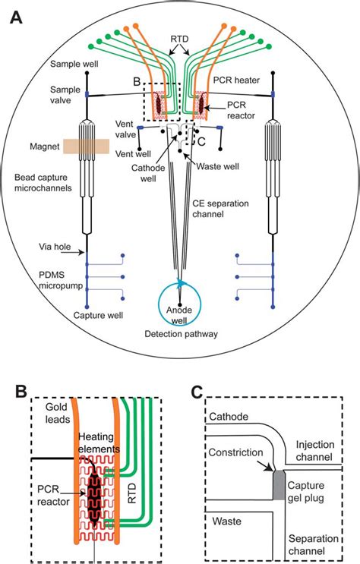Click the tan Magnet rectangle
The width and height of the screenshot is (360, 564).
coord(87,147)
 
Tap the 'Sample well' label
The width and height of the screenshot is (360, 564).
coord(74,64)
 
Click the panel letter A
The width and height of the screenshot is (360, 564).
coord(16,17)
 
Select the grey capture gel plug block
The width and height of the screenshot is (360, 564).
coord(279,485)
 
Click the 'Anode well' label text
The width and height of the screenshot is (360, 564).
coord(179,315)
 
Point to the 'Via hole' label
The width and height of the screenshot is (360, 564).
coord(55,247)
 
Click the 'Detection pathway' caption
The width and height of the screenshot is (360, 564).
coord(181,334)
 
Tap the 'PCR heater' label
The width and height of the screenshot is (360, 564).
coord(236,80)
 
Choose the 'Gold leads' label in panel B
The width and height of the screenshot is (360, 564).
coord(57,413)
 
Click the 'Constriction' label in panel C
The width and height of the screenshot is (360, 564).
coord(235,452)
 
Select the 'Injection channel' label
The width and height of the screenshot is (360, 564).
coord(314,451)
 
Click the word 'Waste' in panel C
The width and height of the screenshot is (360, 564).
coord(227,521)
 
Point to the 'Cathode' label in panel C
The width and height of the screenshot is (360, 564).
coord(229,417)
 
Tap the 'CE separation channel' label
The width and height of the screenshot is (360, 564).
coord(220,209)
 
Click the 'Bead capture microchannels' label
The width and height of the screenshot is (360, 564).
coord(43,183)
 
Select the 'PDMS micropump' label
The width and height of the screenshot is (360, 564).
coord(61,281)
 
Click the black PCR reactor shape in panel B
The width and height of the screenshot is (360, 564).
coord(94,497)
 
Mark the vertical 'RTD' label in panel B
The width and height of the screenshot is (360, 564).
coord(132,493)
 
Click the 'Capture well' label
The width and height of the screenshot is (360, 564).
coord(98,316)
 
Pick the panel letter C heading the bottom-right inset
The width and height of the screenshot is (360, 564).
coord(197,392)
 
